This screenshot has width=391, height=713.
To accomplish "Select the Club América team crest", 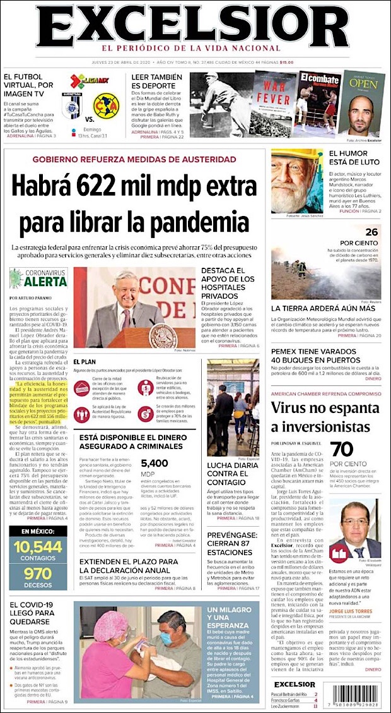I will (105, 105).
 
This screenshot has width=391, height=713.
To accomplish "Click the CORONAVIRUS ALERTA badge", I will (38, 279).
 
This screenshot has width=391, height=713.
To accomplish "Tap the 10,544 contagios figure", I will (38, 547).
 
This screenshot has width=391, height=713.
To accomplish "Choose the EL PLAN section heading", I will (84, 362).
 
